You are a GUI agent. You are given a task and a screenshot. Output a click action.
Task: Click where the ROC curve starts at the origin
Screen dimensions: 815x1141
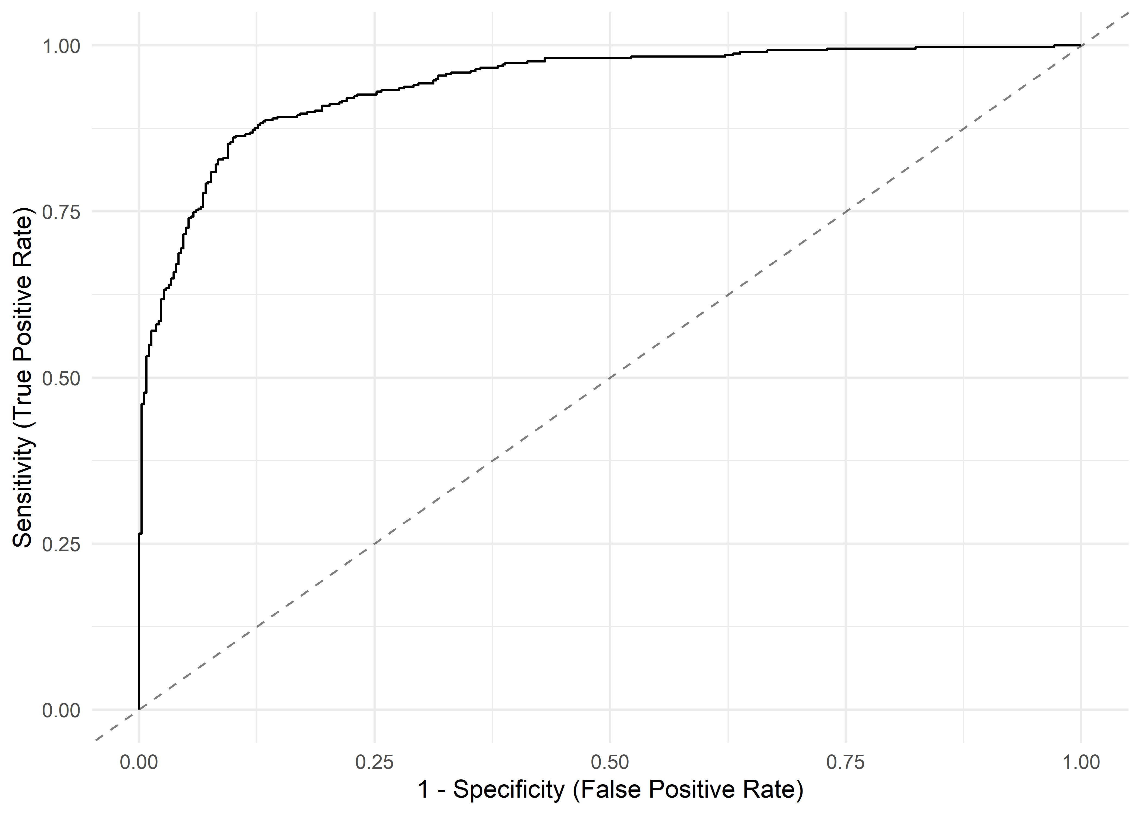tap(139, 709)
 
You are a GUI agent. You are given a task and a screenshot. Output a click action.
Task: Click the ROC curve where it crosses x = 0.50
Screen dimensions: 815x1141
tap(610, 58)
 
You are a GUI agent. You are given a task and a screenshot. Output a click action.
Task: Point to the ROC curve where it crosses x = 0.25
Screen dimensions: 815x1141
tap(374, 93)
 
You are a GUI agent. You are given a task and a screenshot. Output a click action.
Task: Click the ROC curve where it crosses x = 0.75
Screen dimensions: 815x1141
tap(845, 49)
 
